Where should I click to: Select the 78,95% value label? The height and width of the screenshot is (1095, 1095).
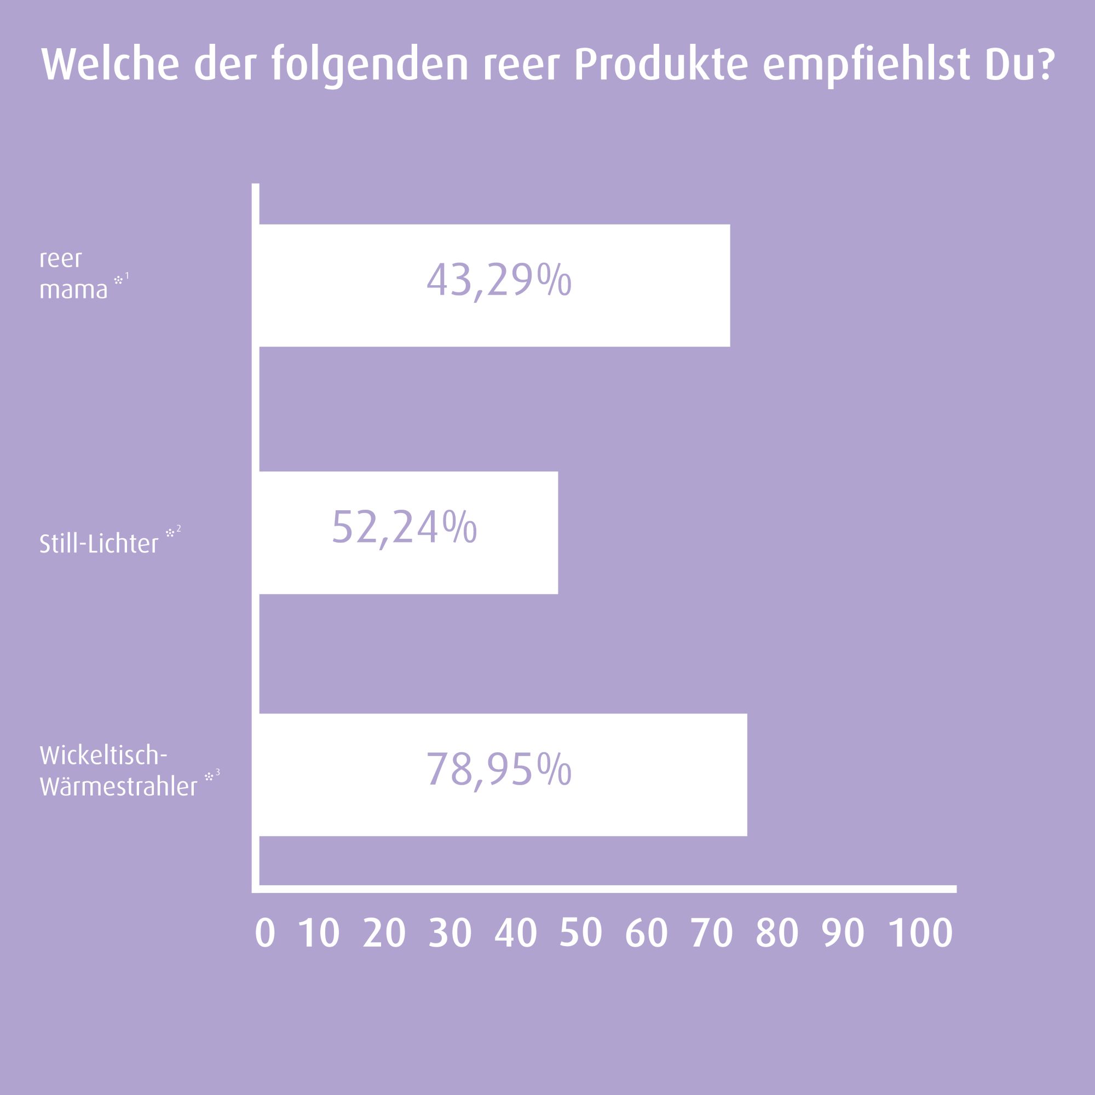pos(499,770)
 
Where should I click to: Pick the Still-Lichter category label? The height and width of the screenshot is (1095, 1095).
pos(99,544)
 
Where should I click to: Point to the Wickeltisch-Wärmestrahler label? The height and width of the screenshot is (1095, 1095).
pos(118,771)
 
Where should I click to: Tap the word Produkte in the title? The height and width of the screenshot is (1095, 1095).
pos(660,65)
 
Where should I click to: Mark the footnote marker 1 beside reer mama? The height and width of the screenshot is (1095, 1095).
pos(127,275)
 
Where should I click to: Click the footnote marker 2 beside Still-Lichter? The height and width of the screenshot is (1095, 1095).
pos(178,529)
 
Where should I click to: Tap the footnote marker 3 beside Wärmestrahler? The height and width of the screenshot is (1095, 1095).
pos(218,773)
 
